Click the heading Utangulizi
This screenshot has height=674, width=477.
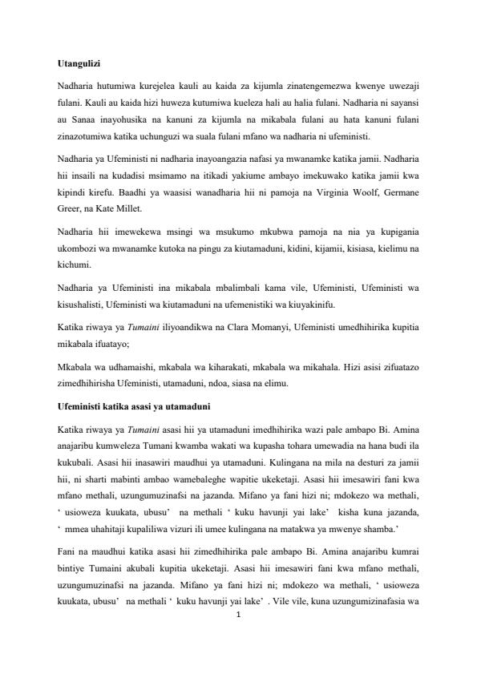tap(84, 63)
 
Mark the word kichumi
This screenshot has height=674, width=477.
tap(75, 264)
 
